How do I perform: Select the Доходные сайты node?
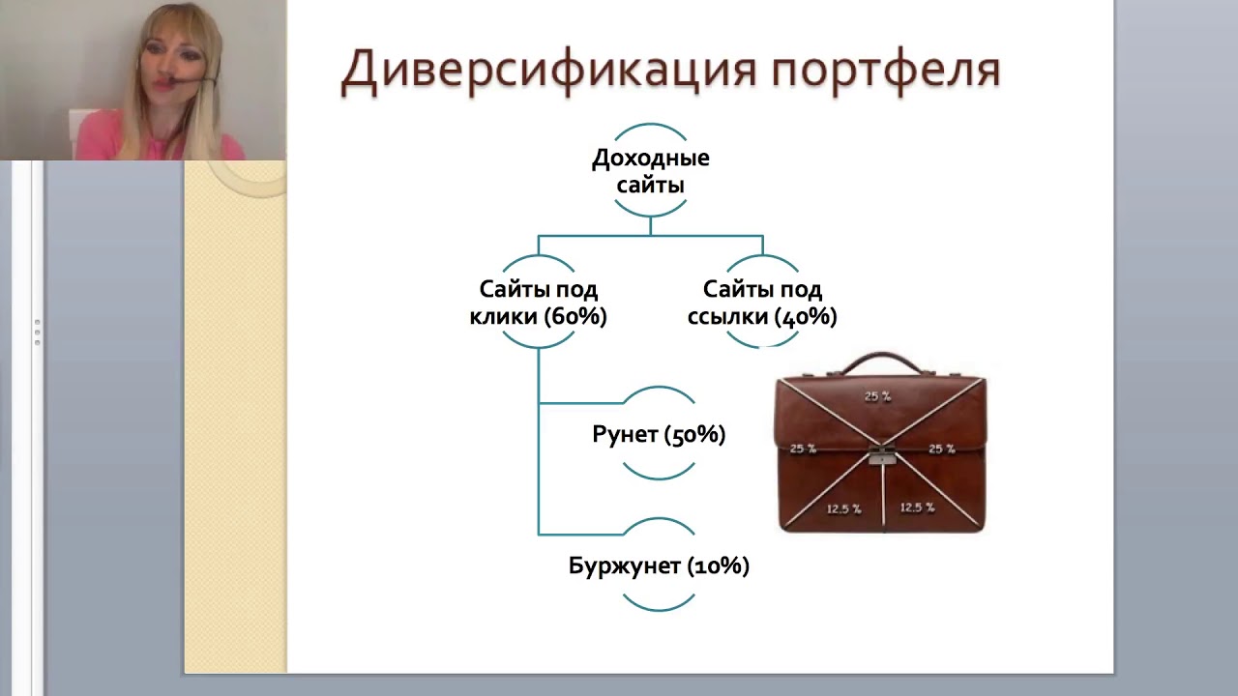(x=650, y=170)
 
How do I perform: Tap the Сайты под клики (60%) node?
(x=538, y=303)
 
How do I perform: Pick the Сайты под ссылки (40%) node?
(x=762, y=303)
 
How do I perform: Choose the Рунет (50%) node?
(x=659, y=434)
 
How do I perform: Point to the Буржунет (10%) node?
(x=659, y=565)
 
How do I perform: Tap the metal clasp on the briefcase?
(x=882, y=454)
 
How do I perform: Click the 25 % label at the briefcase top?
(x=878, y=396)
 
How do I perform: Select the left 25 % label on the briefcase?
(x=803, y=449)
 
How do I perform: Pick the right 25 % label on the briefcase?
(x=941, y=449)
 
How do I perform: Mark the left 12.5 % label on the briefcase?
(x=843, y=508)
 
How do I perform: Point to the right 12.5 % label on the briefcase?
(x=917, y=507)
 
